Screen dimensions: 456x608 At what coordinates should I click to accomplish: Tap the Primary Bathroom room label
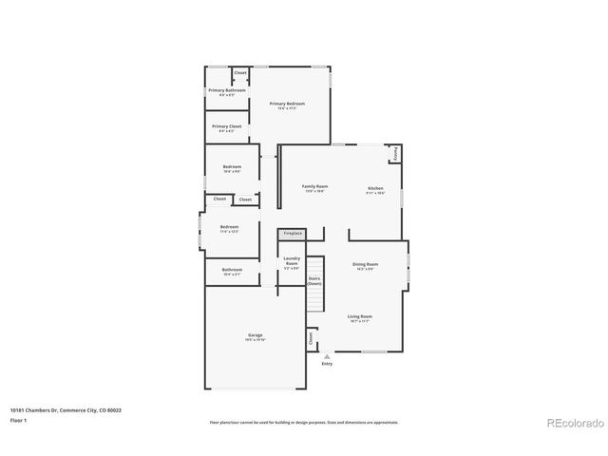coord(227,90)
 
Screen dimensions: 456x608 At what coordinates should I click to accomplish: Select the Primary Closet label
coord(227,126)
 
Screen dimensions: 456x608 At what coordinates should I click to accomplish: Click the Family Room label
coord(314,187)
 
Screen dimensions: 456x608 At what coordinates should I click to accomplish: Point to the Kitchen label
coord(376,188)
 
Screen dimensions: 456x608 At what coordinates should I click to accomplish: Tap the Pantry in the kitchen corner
coord(394,153)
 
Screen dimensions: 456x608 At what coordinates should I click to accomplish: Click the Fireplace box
coord(292,233)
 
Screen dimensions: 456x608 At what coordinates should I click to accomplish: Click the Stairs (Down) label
coord(314,281)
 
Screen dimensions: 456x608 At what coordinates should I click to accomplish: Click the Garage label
coord(256,335)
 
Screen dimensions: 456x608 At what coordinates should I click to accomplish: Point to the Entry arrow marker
coord(327,356)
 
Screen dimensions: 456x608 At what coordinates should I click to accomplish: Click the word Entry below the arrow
coord(327,364)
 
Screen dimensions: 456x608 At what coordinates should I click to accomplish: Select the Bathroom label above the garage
coord(233,270)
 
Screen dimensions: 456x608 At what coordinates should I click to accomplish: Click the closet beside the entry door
coord(311,337)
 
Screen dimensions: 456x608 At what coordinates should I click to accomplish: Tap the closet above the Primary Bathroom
coord(240,72)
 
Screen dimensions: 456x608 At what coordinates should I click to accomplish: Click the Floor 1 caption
coord(18,419)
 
